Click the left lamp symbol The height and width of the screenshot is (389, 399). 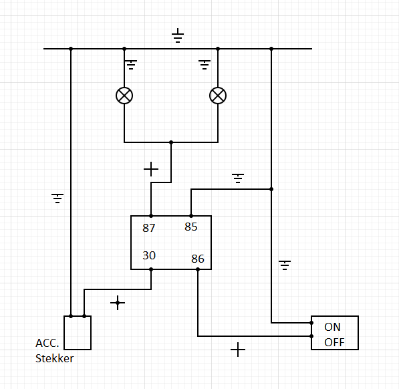click(x=124, y=96)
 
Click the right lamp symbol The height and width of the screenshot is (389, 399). click(x=218, y=96)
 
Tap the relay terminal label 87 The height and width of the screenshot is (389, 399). click(x=148, y=228)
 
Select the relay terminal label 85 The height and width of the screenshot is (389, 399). click(x=191, y=227)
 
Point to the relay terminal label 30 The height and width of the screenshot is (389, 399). click(x=149, y=255)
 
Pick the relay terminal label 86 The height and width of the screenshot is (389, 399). click(x=198, y=259)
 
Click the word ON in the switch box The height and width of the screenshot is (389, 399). click(x=332, y=328)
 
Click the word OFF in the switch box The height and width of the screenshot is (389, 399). click(x=334, y=342)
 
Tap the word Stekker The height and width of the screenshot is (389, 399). click(x=54, y=358)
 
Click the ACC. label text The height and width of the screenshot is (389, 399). click(x=47, y=343)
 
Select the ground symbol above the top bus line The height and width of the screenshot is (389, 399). click(x=178, y=35)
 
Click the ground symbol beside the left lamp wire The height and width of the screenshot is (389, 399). click(x=131, y=65)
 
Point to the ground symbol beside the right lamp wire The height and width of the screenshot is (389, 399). click(x=205, y=65)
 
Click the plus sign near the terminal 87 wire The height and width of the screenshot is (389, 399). click(x=151, y=169)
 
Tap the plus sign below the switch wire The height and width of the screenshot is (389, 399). click(x=238, y=350)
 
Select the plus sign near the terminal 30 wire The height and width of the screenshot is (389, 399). click(x=118, y=303)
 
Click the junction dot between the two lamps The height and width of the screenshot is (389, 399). click(x=171, y=142)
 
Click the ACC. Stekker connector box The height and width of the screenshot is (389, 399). click(x=78, y=333)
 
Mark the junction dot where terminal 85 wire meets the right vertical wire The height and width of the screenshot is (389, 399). click(x=271, y=189)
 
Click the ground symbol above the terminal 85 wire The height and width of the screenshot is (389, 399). click(x=238, y=178)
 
